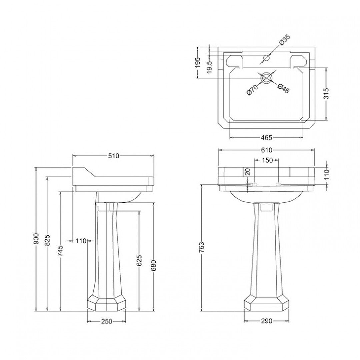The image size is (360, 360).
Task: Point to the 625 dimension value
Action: click(x=139, y=261)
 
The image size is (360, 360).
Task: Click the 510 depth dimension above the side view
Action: click(x=113, y=155)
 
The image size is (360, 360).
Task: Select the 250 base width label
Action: click(x=106, y=321)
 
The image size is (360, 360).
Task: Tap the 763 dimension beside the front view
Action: click(x=201, y=248)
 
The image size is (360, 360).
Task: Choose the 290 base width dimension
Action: click(x=266, y=321)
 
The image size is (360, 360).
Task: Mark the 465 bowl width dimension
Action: click(x=266, y=137)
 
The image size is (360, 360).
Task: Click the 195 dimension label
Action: click(x=197, y=62)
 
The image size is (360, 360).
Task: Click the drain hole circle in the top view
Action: click(x=266, y=78)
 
